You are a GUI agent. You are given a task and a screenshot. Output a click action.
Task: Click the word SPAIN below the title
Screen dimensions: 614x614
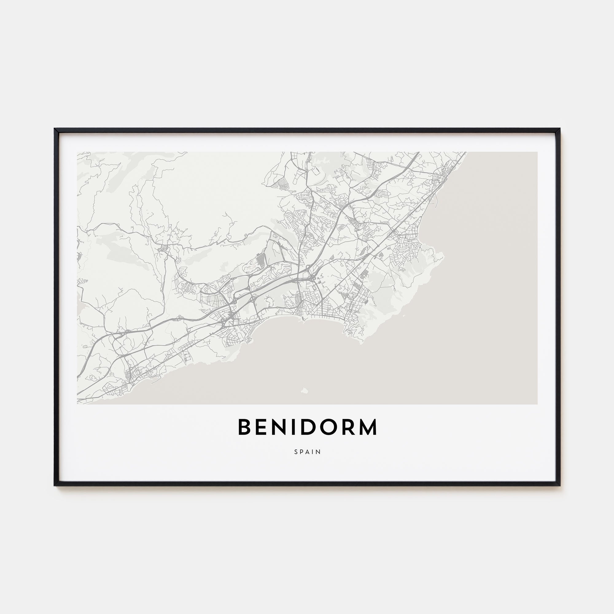point(307,452)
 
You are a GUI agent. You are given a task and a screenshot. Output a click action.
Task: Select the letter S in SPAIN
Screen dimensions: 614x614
point(296,452)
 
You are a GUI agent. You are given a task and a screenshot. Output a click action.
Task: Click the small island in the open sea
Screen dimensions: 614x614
point(305,390)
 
